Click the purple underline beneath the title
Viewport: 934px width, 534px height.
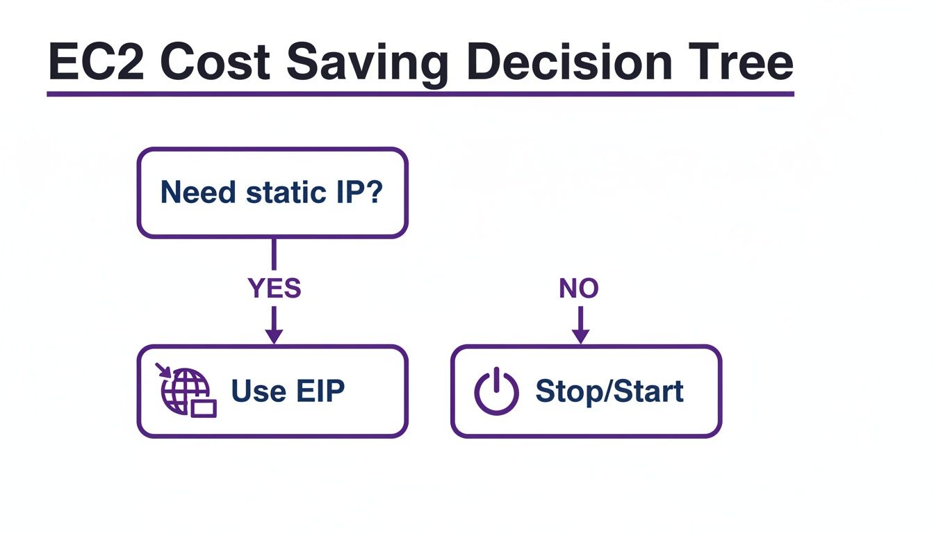point(420,93)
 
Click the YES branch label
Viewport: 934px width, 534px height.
point(275,289)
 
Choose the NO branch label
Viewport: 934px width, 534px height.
point(579,289)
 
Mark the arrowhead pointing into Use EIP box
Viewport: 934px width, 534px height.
point(275,336)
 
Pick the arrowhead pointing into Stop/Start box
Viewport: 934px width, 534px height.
point(581,336)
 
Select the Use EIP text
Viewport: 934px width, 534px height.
point(288,391)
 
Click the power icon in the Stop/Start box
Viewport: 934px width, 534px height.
point(496,391)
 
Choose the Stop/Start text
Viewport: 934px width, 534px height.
point(609,391)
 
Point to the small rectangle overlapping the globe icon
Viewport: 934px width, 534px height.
point(204,408)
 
